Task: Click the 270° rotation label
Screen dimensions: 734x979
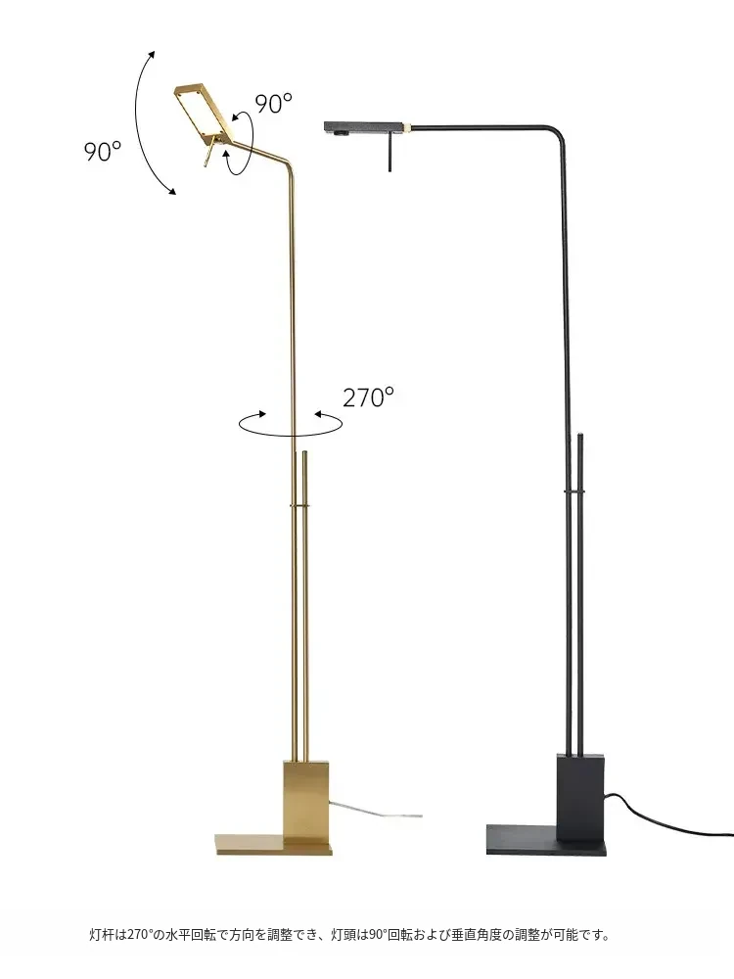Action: [368, 397]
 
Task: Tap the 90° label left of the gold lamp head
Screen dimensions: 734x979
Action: [103, 151]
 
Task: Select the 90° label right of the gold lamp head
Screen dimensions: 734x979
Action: [273, 104]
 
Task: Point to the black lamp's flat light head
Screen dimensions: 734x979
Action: [363, 127]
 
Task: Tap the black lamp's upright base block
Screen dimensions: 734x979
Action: [579, 795]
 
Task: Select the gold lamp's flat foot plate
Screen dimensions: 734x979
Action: [273, 844]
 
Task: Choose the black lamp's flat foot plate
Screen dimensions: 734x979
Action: [546, 840]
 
